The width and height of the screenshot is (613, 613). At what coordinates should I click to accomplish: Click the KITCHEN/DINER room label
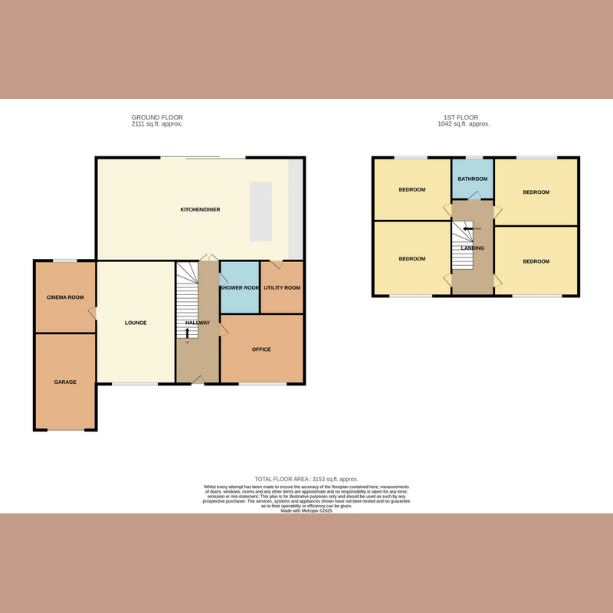[x=200, y=209]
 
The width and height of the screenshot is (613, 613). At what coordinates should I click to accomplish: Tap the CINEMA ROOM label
[x=65, y=297]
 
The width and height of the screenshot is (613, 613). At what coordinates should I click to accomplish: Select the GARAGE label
[x=64, y=381]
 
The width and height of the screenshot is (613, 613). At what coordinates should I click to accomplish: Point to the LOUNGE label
[x=136, y=323]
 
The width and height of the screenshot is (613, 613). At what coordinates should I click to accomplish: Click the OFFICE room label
[x=261, y=349]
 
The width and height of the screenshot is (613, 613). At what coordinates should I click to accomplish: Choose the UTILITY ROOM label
[x=282, y=288]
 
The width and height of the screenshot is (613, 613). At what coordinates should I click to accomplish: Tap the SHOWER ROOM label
[x=240, y=288]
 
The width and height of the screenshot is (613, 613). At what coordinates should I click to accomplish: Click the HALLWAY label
[x=198, y=323]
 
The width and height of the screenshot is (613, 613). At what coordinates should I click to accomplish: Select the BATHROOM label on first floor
[x=473, y=179]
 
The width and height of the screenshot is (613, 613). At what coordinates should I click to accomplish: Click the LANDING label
[x=473, y=248]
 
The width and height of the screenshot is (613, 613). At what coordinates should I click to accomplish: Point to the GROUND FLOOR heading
[x=157, y=117]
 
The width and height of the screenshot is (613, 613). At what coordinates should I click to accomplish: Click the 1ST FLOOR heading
[x=464, y=117]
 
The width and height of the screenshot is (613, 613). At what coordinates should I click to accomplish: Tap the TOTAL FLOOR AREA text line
[x=306, y=479]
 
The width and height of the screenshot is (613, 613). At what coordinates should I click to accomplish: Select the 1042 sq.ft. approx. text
[x=464, y=124]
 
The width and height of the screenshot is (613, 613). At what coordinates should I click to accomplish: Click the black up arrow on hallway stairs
[x=188, y=333]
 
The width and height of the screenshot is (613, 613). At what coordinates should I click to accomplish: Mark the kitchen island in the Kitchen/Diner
[x=261, y=211]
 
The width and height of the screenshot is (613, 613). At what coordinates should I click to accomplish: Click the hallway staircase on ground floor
[x=188, y=299]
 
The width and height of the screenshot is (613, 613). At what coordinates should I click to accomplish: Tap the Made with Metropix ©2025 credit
[x=306, y=510]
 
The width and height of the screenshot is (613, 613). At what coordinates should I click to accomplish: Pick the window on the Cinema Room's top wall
[x=65, y=261]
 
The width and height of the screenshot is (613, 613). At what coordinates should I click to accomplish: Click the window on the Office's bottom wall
[x=261, y=383]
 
